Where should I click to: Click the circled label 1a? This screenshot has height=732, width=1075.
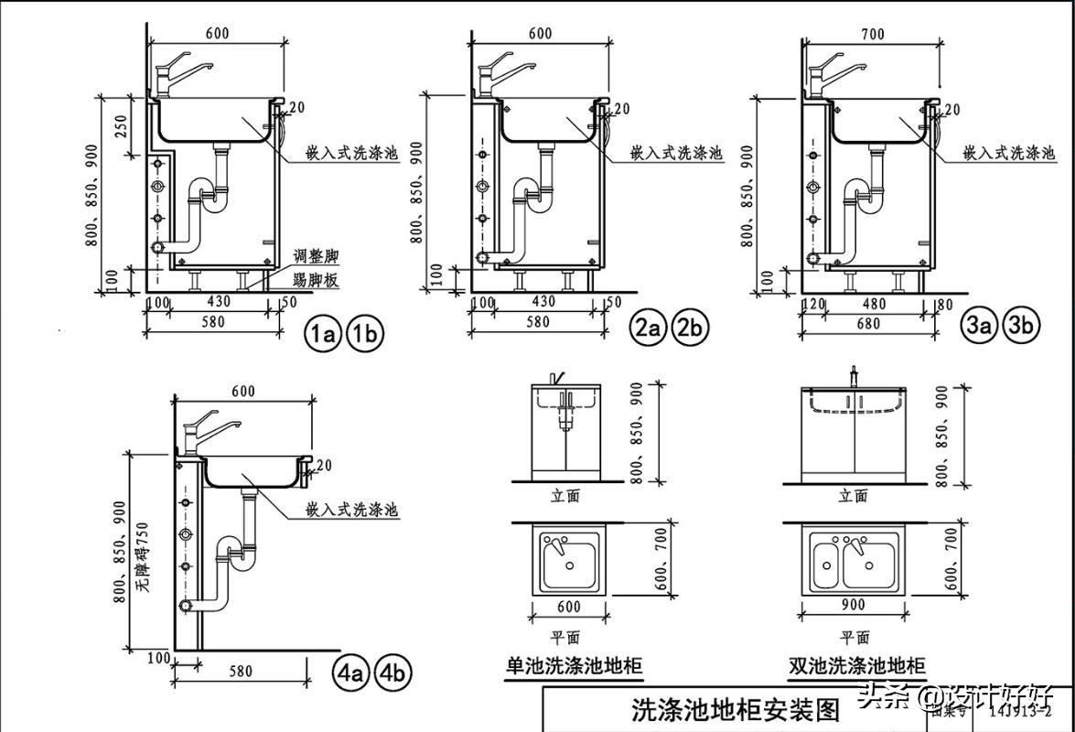pos(322,334)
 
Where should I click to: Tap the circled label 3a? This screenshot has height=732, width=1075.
pos(978,325)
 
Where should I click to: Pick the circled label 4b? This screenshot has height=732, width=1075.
pos(393,673)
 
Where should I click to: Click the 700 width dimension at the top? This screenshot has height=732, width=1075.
pos(873,35)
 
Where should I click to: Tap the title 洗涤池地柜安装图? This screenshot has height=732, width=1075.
pos(723,709)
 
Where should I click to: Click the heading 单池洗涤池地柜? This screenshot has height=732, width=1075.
pos(574,665)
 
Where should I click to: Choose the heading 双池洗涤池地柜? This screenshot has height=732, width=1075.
pos(856,665)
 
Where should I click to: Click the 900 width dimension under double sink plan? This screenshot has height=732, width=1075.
pos(854,605)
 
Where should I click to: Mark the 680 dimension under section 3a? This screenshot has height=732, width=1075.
pos(867,322)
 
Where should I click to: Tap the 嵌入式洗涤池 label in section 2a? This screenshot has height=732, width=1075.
pos(676,152)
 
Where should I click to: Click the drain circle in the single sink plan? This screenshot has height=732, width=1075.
pos(570,565)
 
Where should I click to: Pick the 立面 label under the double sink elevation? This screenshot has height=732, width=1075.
pos(852,496)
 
